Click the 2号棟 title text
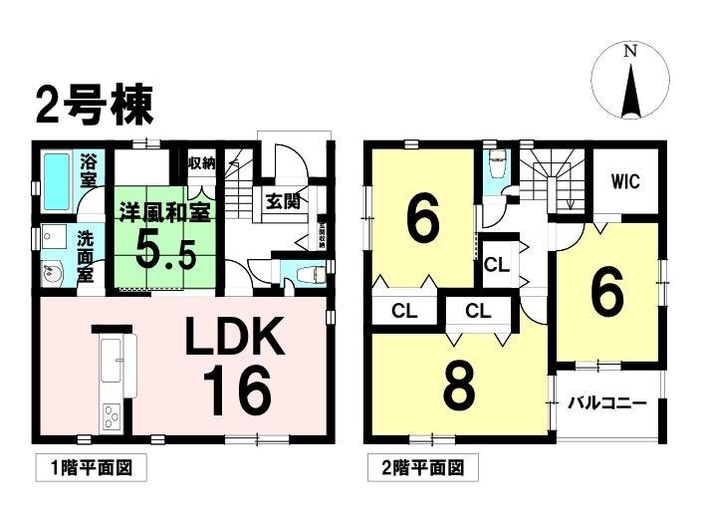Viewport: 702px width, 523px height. click(x=95, y=103)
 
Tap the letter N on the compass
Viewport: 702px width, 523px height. click(x=630, y=51)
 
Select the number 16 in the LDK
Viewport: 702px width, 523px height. click(x=238, y=392)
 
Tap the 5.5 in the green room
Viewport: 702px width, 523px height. click(x=166, y=250)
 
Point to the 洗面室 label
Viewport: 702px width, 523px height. click(x=88, y=255)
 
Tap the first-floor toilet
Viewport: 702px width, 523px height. click(x=305, y=271)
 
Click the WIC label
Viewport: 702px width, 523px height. click(x=624, y=182)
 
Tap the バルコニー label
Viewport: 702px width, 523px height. click(x=607, y=403)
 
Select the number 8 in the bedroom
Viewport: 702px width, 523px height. click(x=458, y=391)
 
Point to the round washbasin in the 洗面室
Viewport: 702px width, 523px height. click(x=52, y=274)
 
